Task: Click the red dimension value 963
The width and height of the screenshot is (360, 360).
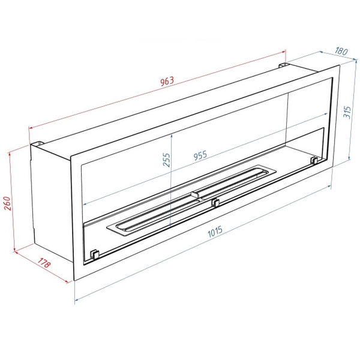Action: tap(167, 81)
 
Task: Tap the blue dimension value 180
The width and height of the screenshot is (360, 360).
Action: tap(341, 51)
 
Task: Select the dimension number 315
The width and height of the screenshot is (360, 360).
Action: tap(348, 112)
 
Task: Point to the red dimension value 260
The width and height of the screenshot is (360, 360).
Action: tap(8, 203)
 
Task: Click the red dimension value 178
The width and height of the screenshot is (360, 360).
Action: tap(43, 263)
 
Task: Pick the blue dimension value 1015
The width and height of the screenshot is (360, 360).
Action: tap(215, 232)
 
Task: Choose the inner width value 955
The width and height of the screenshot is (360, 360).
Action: tap(200, 155)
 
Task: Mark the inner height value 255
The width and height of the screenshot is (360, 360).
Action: tap(166, 160)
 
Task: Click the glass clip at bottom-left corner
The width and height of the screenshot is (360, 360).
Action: tap(95, 254)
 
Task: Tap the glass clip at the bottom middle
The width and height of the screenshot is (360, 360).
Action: tap(215, 203)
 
